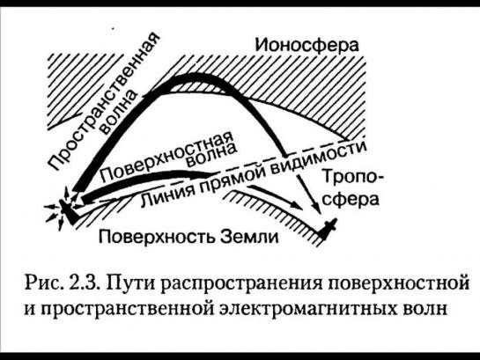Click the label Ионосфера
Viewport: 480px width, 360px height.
tap(306, 46)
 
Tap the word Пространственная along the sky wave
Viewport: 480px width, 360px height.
tap(105, 101)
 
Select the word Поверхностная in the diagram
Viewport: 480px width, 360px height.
tap(166, 157)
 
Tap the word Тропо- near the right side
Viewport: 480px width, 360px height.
tap(352, 179)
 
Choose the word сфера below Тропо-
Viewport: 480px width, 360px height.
tap(351, 200)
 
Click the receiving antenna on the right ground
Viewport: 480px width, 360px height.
tap(329, 228)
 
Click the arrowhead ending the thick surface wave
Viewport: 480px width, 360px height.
tap(211, 175)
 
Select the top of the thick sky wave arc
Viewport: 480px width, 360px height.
tap(195, 77)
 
